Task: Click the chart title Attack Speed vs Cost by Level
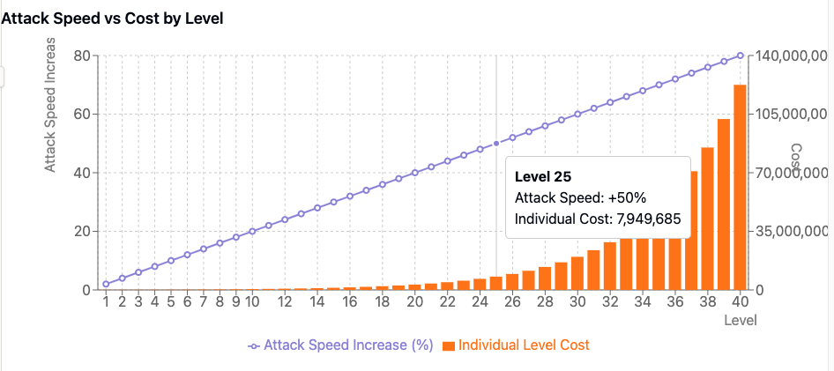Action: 111,18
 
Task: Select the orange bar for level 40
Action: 741,187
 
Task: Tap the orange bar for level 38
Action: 708,219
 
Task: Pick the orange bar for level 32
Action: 610,266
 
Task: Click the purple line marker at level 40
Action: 741,56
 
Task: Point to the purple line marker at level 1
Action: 106,284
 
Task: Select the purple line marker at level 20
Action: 415,173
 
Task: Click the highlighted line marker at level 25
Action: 496,143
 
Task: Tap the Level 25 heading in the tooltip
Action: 543,176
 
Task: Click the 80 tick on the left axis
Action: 83,56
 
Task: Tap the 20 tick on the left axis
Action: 83,231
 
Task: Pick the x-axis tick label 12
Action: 285,301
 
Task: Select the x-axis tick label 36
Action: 675,301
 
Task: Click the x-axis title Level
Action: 741,320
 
